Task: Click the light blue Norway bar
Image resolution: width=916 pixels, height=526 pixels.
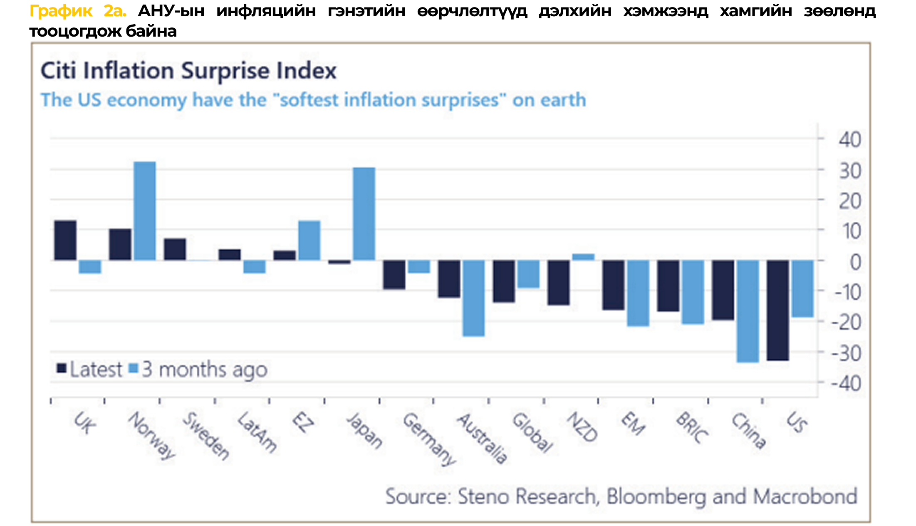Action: [x=145, y=211]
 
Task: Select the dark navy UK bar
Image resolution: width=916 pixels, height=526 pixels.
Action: [x=65, y=240]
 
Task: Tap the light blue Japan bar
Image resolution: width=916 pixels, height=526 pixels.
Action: [x=364, y=214]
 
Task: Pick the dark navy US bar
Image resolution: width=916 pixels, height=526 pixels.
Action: [x=778, y=310]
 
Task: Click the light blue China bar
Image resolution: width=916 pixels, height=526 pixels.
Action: [x=748, y=311]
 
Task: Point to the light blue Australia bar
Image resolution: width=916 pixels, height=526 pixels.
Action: [x=473, y=298]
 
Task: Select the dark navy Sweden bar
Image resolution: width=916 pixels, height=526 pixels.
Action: [x=175, y=249]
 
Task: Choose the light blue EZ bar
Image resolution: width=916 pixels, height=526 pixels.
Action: [x=309, y=241]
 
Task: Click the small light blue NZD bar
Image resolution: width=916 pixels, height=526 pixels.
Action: [x=583, y=257]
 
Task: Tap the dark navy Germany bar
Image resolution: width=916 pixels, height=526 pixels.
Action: [x=394, y=275]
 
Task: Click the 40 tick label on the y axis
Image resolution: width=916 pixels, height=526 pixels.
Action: [x=849, y=140]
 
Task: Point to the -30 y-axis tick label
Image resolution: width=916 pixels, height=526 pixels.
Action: [x=846, y=354]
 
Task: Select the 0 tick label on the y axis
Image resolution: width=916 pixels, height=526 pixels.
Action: [x=855, y=263]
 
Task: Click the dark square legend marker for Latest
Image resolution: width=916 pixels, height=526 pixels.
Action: [x=62, y=368]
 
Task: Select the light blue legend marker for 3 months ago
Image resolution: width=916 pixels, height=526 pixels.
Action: [x=134, y=368]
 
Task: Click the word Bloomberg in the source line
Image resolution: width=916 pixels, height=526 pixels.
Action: [x=656, y=496]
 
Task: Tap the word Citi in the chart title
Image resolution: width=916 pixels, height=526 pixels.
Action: [x=58, y=70]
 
